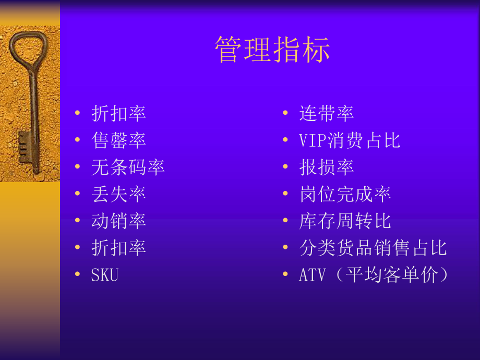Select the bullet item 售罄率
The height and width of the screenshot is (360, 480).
(118, 140)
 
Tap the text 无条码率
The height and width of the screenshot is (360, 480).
(128, 167)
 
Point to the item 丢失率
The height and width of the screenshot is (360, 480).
(118, 194)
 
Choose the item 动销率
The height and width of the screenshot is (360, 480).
(118, 221)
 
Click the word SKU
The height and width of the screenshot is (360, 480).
(105, 275)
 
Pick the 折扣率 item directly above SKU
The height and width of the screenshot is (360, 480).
(118, 248)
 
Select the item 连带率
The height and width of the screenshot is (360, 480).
(327, 113)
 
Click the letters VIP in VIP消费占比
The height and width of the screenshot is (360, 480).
(312, 140)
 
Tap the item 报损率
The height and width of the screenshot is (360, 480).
(327, 167)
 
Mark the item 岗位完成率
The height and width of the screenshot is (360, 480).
(345, 194)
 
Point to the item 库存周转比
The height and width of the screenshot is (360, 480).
(345, 221)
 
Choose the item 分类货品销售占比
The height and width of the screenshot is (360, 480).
(373, 248)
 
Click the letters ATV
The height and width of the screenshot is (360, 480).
(311, 275)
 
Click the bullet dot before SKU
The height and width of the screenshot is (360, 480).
(78, 274)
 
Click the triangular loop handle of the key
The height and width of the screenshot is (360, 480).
(29, 50)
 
